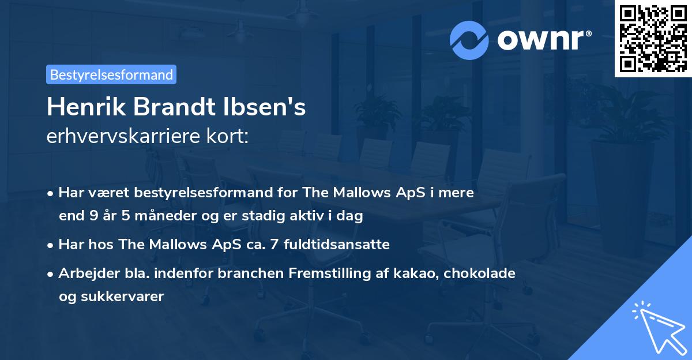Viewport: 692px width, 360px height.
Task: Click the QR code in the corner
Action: pos(653,38)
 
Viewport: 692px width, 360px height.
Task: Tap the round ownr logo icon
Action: pos(470,39)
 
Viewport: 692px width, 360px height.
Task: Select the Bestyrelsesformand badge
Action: pos(111,74)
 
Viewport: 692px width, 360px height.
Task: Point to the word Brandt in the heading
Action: pos(181,107)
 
